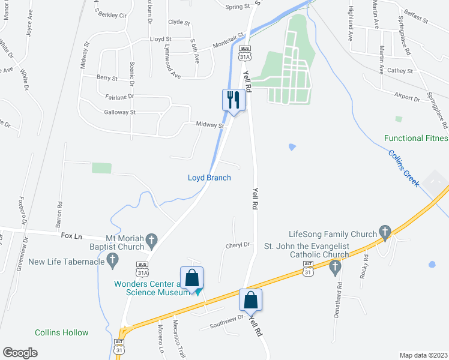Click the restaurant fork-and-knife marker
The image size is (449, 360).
point(232,100)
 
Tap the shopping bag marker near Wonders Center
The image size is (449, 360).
point(191,278)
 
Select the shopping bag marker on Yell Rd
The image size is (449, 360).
point(251,301)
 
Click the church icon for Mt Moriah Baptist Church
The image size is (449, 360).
point(151,241)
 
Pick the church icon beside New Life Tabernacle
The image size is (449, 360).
point(112,260)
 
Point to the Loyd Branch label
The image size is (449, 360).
point(209,178)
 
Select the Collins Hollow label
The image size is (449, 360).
point(61,332)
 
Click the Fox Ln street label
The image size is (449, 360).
point(71,236)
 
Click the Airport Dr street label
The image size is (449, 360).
point(408,97)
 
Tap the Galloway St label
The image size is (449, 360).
point(120,112)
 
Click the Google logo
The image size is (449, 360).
point(20,353)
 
